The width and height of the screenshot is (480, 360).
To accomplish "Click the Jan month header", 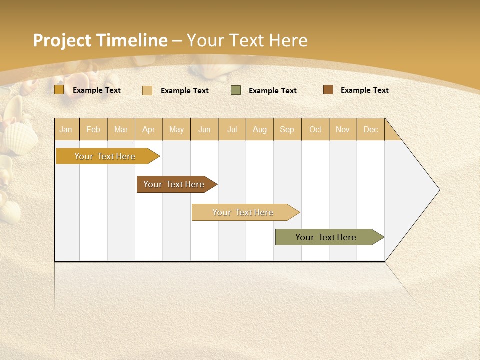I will tap(66, 129).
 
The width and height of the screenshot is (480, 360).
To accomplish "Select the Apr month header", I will tap(148, 129).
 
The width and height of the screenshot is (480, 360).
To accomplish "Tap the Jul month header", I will tap(232, 129).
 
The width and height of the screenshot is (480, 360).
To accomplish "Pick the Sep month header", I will tap(287, 129).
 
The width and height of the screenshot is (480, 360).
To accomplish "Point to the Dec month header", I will tap(370, 129).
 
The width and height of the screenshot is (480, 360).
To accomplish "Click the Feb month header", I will tap(93, 129).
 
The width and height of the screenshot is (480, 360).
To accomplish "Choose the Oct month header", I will tap(315, 129).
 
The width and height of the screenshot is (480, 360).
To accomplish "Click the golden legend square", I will tap(59, 90).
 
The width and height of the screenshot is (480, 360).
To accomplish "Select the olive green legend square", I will tap(236, 90).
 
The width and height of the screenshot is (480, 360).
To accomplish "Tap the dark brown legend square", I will tap(328, 90).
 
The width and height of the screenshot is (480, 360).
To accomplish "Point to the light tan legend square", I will tap(147, 90).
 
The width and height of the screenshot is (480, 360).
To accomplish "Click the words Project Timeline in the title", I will tap(100, 40).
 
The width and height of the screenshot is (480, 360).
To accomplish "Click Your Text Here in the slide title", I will tap(247, 40).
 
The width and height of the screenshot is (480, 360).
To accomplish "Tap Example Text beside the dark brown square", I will tap(364, 90).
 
